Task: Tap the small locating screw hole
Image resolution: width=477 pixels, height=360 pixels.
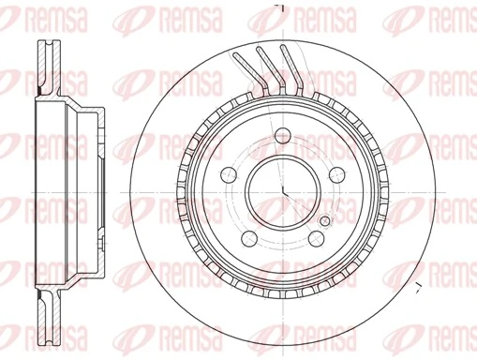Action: (324, 220)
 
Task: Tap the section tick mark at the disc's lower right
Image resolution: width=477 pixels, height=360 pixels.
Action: (418, 280)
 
